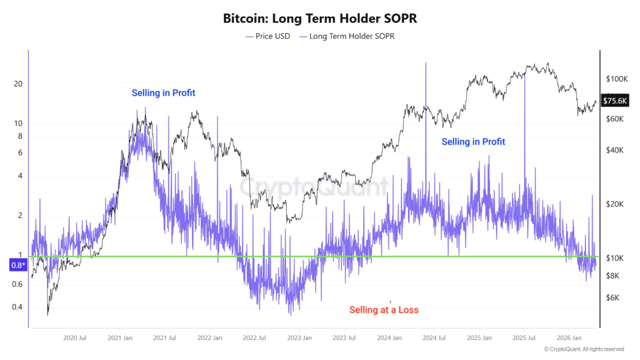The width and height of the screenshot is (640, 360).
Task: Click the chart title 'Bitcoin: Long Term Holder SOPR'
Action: pos(320,19)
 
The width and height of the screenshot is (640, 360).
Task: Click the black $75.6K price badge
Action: pos(614,101)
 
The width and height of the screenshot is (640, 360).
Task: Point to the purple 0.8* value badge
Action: pos(17,265)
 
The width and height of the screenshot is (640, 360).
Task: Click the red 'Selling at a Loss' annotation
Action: pos(383,310)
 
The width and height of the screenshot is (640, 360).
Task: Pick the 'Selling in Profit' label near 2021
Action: pos(163,93)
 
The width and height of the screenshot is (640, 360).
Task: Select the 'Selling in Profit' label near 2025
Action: pos(473,142)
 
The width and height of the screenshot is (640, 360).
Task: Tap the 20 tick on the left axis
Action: pos(18,84)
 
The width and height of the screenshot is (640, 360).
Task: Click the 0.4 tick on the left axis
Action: pos(17,307)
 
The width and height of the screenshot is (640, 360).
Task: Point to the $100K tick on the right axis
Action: pos(616,79)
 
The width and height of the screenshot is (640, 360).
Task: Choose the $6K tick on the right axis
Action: pos(613,298)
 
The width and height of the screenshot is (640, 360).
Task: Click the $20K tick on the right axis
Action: pos(614,204)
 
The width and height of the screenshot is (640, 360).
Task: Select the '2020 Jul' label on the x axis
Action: pos(76,338)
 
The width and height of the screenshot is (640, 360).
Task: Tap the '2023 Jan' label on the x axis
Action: pos(300,338)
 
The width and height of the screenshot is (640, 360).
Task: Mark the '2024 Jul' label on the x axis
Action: pos(434,338)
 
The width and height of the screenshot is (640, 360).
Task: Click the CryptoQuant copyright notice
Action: pos(583,349)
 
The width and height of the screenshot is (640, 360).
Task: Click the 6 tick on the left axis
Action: pos(20,153)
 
